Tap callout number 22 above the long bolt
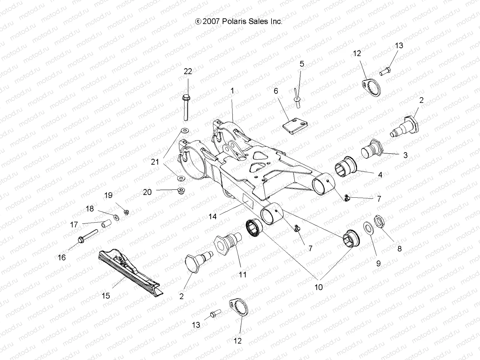188,71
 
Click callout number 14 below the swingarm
212,216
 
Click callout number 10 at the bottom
318,287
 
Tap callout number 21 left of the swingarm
155,162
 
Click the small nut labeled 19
127,212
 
